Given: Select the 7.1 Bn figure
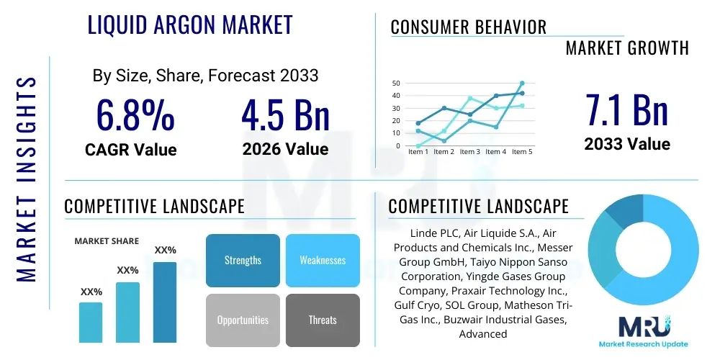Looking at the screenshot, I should tap(626, 110).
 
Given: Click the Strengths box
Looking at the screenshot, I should tap(243, 260).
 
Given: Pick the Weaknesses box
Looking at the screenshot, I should tap(323, 260).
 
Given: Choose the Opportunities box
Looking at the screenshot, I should tap(243, 320).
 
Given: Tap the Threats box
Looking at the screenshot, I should tap(323, 320).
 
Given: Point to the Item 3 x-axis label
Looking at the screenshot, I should tap(469, 152).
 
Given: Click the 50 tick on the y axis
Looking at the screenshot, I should tap(396, 84).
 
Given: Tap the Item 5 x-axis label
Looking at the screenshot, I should tap(521, 152).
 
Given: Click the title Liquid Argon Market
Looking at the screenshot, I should tap(190, 24).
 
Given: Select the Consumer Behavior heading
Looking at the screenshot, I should tap(469, 27).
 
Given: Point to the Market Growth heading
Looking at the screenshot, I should tap(627, 48).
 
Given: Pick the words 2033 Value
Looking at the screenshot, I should tap(626, 144).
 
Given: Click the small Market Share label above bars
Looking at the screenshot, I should tap(107, 241).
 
